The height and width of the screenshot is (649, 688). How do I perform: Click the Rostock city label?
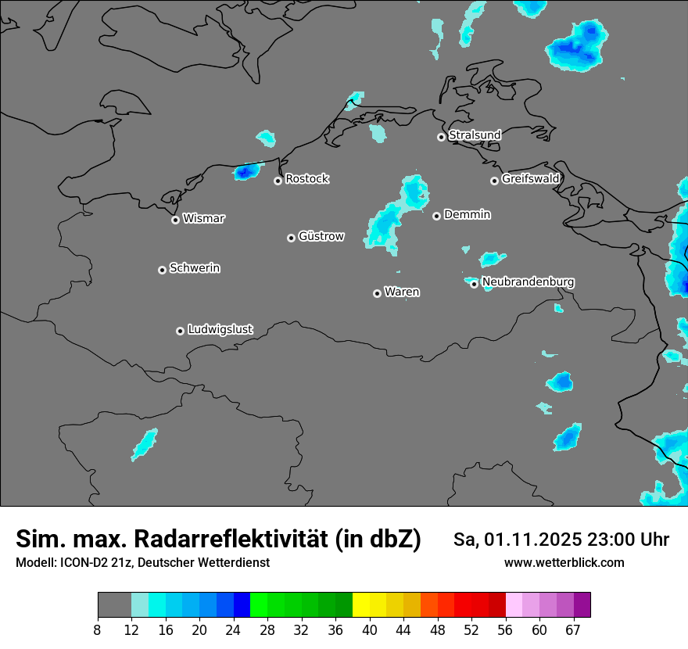(306, 179)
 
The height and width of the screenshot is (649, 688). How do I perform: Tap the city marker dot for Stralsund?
(441, 137)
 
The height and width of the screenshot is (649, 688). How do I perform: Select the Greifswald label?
(530, 179)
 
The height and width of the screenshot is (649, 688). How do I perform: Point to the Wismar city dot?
(175, 220)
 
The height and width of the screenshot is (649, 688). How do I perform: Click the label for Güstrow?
(321, 236)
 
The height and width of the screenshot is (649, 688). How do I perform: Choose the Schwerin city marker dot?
(162, 270)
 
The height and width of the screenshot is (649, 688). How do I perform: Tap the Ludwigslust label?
(220, 330)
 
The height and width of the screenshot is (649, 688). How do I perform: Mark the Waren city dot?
(377, 293)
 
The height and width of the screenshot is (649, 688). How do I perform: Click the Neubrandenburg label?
(528, 281)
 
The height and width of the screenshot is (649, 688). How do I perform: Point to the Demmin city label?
(467, 214)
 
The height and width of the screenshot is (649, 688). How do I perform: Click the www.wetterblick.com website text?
(564, 563)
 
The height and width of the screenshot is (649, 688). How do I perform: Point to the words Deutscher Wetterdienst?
(203, 563)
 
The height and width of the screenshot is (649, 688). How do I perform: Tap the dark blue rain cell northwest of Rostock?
(247, 171)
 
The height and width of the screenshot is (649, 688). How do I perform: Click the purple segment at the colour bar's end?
(582, 604)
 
